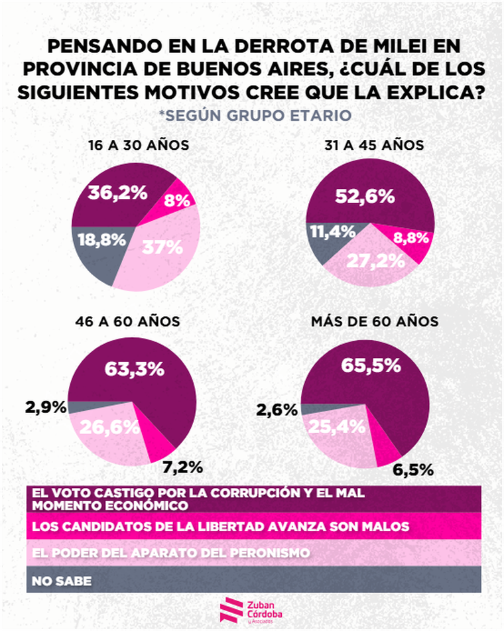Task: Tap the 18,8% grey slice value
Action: click(x=102, y=240)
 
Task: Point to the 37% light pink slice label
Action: click(x=162, y=247)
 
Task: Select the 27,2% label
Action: click(x=376, y=260)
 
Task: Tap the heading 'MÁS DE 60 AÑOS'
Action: click(x=375, y=321)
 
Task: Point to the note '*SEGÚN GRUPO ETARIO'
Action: click(x=255, y=115)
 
